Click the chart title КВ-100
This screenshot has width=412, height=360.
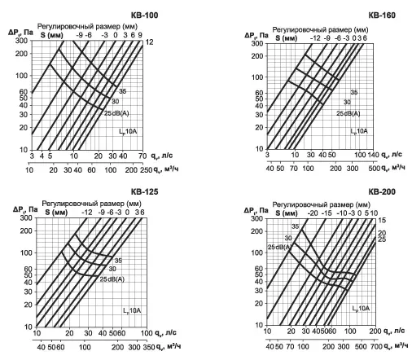[x=144, y=15]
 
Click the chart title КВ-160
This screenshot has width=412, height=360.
[x=382, y=15]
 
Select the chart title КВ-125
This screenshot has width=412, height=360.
[x=144, y=192]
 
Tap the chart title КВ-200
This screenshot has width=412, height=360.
[x=382, y=192]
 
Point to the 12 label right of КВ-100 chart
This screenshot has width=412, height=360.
[x=149, y=42]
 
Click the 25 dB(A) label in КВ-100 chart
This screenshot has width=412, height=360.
[x=116, y=113]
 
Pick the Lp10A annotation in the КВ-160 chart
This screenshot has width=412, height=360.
[x=359, y=131]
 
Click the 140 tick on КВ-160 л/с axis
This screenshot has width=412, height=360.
[x=374, y=155]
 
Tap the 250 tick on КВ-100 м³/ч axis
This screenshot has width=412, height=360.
[x=147, y=170]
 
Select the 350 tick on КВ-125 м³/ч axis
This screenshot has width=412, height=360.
[x=149, y=347]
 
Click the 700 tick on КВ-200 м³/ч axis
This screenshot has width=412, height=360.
[x=375, y=346]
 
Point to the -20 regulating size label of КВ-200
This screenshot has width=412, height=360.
[x=313, y=213]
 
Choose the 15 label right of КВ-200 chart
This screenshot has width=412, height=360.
[x=382, y=220]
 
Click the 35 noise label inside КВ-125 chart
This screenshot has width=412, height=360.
[x=118, y=261]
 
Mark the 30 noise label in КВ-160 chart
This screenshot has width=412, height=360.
[x=347, y=103]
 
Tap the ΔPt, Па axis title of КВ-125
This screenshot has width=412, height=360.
[x=25, y=210]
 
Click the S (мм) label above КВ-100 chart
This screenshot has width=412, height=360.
[x=52, y=35]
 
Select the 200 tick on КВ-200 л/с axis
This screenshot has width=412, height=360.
[x=375, y=331]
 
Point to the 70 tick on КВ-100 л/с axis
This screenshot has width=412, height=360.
[x=142, y=156]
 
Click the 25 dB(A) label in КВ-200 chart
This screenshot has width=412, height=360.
[x=280, y=247]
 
